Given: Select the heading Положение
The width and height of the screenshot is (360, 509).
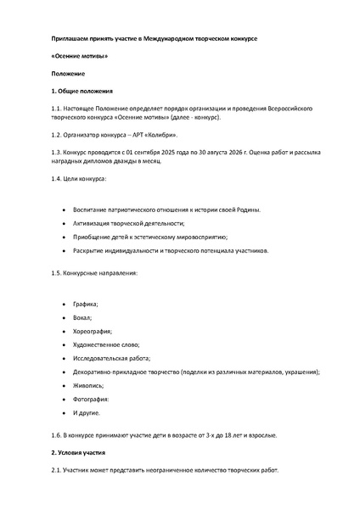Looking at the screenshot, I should point(68,73).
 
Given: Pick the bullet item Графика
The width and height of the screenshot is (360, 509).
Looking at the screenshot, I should point(87,303).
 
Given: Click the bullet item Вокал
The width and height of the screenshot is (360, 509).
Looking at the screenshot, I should point(83,318).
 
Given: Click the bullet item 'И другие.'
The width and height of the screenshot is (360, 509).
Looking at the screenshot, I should point(87,426).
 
